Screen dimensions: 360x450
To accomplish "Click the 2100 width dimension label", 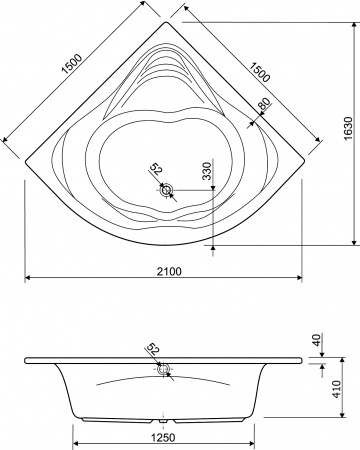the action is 170,271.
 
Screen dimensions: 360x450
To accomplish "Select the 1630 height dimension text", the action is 348,128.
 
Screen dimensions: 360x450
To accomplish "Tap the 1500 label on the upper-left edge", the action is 72,63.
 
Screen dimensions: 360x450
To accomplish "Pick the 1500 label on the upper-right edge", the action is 259,72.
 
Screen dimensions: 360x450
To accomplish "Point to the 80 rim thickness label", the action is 264,104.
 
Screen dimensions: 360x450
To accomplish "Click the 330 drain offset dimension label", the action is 207,171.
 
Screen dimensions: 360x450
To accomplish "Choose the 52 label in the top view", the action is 155,169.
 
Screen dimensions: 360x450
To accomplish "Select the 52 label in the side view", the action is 153,349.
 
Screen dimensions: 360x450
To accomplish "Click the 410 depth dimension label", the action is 337,389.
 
